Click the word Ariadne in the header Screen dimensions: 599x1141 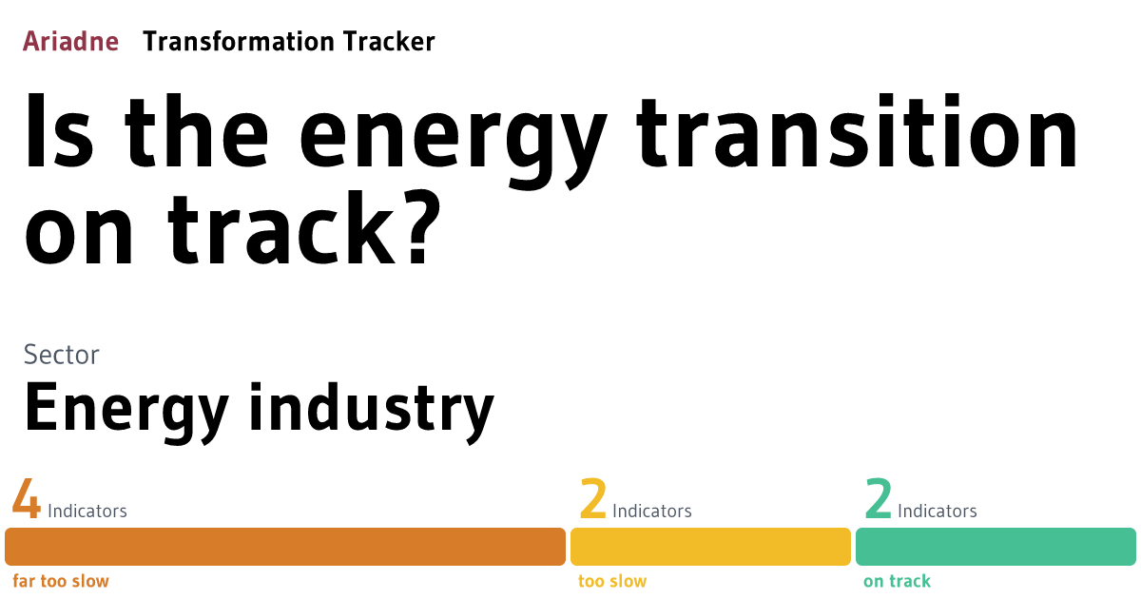(x=70, y=42)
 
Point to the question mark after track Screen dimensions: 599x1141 (x=416, y=231)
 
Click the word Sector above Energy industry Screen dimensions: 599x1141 (x=61, y=355)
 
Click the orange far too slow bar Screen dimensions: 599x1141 (x=285, y=547)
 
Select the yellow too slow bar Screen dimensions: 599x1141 (x=710, y=547)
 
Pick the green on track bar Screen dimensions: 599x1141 (x=996, y=547)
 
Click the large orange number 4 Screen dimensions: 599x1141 (x=27, y=500)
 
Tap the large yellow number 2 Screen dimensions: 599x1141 (x=592, y=500)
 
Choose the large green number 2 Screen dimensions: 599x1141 (x=878, y=500)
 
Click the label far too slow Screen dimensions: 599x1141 (x=61, y=581)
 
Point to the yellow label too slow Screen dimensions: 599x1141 (x=612, y=581)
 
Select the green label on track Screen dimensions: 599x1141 (x=897, y=581)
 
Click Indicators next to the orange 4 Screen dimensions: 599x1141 (x=87, y=511)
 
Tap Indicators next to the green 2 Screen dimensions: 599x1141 (x=938, y=511)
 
